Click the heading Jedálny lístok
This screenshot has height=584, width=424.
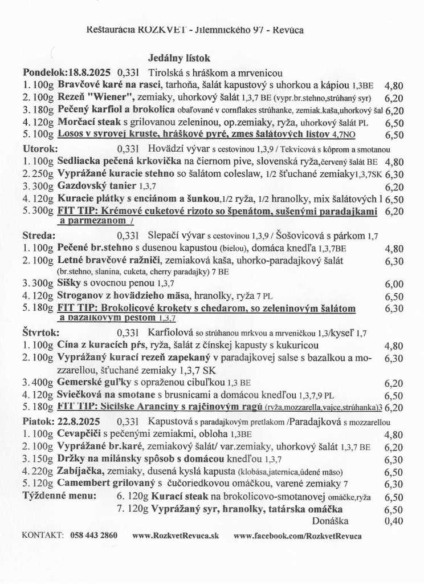[x=179, y=58]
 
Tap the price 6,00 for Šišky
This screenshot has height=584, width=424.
[x=394, y=284]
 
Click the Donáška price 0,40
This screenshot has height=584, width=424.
[x=394, y=520]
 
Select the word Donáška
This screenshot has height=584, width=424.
[x=331, y=520]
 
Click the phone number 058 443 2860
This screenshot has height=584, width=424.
[x=94, y=536]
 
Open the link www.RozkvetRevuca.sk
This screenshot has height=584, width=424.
[x=176, y=536]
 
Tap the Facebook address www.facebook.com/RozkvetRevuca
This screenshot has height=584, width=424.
[x=297, y=536]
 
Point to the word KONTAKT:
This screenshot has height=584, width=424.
[x=42, y=536]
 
